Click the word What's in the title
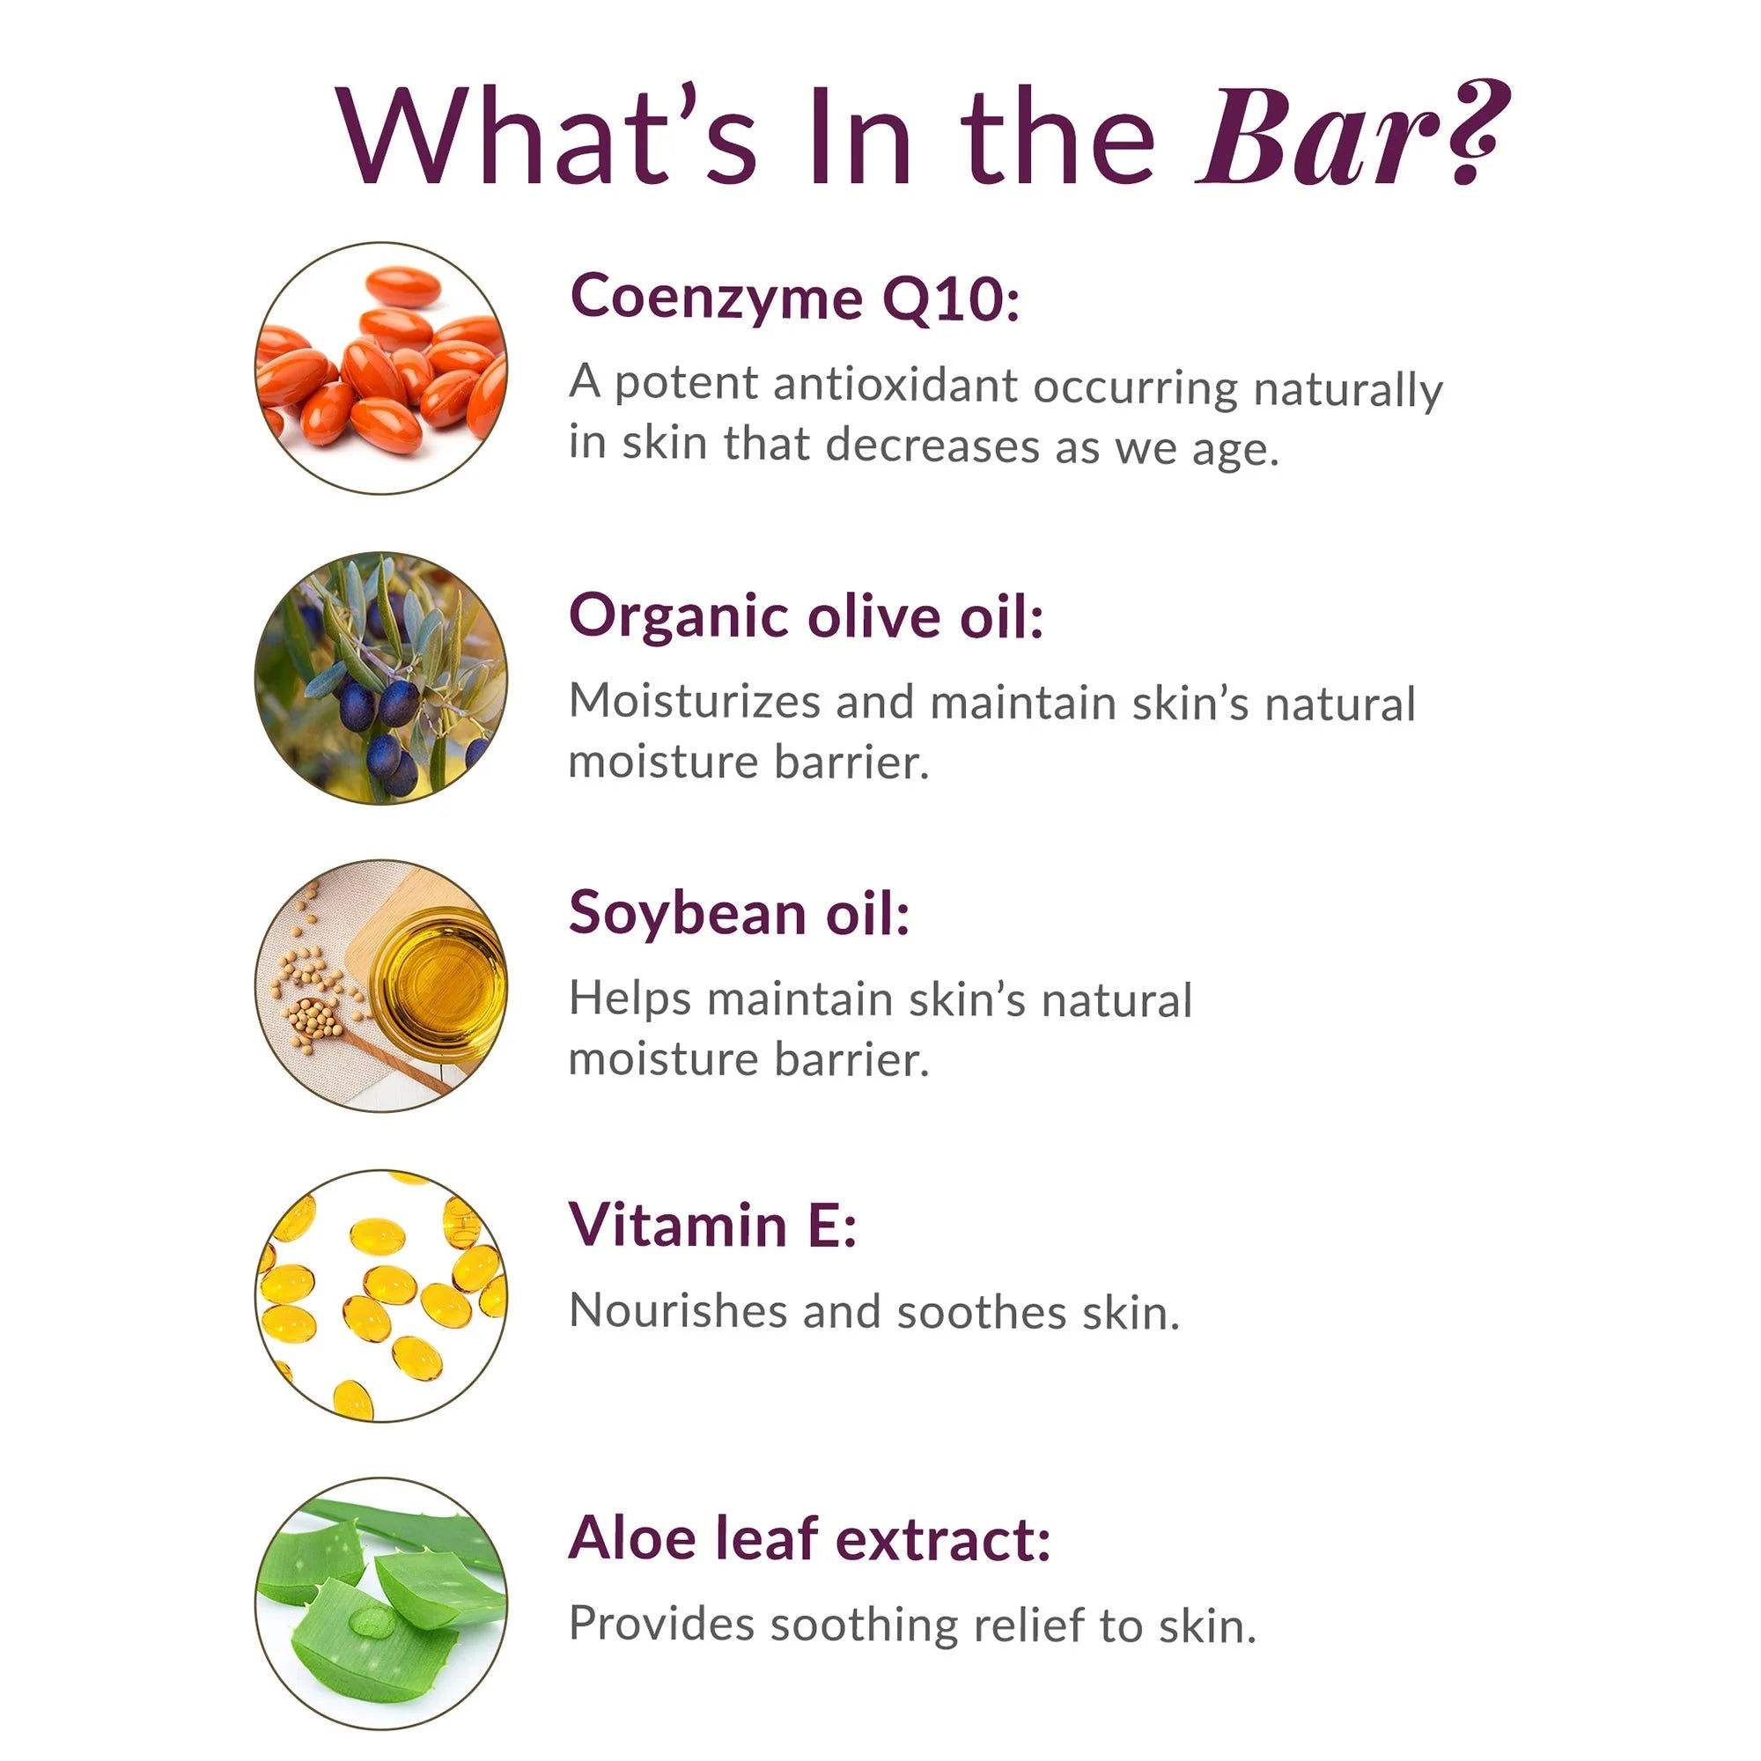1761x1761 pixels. pyautogui.click(x=546, y=135)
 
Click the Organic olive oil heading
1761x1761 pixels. pyautogui.click(x=806, y=616)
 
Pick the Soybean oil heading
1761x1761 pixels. pyautogui.click(x=740, y=913)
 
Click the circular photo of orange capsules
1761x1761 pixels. pyautogui.click(x=381, y=368)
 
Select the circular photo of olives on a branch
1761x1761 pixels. pyautogui.click(x=381, y=678)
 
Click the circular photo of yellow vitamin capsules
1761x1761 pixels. pyautogui.click(x=381, y=1296)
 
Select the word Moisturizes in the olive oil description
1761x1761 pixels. pyautogui.click(x=695, y=702)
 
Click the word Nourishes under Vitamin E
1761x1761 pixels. pyautogui.click(x=677, y=1311)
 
